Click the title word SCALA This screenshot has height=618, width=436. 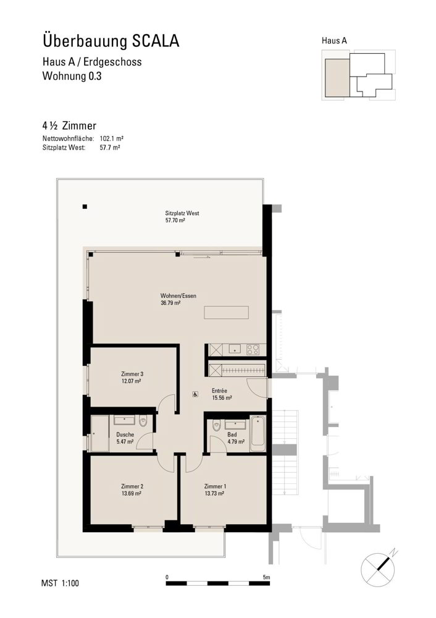click(155, 41)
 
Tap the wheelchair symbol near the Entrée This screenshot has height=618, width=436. click(195, 394)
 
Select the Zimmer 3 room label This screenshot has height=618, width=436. click(132, 374)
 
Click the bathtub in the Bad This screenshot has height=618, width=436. click(258, 434)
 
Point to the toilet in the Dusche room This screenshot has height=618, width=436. click(143, 421)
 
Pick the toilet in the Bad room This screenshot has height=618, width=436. click(216, 426)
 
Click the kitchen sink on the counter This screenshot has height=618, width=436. click(235, 349)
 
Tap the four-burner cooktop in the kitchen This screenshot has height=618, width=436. click(253, 349)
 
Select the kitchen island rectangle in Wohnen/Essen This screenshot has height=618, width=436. click(227, 312)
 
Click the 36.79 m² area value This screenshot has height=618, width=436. click(170, 303)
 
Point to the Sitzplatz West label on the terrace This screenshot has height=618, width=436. click(182, 213)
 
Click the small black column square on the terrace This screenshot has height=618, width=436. click(85, 206)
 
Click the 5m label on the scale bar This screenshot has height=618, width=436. click(267, 577)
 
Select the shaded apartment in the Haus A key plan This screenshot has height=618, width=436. click(337, 78)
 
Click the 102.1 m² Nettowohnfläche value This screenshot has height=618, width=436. click(112, 138)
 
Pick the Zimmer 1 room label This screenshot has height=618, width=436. click(215, 486)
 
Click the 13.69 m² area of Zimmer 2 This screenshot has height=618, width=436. click(132, 493)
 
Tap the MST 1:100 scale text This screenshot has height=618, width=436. click(60, 583)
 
